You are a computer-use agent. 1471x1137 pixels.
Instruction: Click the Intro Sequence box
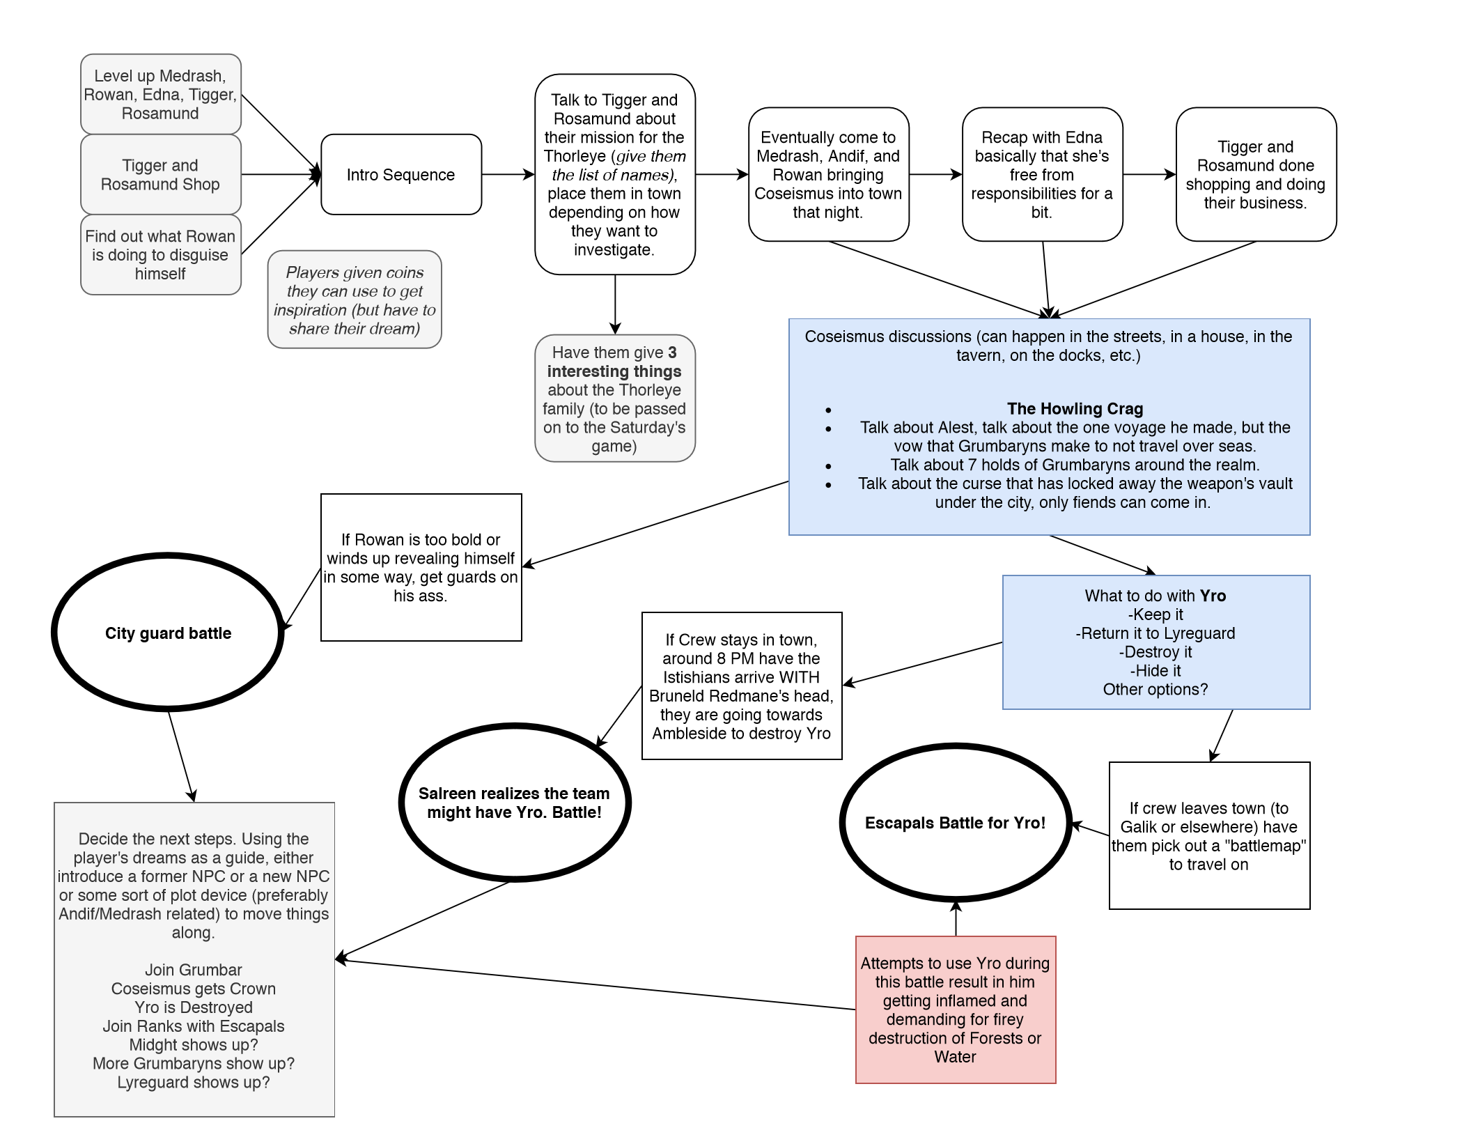coord(401,175)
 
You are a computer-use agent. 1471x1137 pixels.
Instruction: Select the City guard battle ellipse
coord(168,633)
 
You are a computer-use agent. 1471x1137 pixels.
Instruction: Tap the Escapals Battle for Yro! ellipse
coord(955,823)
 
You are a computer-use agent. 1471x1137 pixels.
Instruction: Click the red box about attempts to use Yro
coord(955,1010)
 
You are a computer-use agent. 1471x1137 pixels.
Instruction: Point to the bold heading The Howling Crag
coord(1075,409)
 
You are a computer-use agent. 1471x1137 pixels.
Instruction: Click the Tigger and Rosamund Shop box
coord(160,175)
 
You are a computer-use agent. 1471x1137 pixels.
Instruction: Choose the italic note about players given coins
coord(355,300)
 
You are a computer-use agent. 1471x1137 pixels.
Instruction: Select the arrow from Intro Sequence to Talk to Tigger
coord(508,174)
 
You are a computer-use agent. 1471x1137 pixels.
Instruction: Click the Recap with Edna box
coord(1042,175)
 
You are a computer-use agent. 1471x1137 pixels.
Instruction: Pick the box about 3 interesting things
coord(614,399)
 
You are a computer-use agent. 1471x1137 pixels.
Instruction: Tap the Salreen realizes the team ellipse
coord(514,803)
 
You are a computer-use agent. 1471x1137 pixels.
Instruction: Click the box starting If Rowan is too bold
coord(421,567)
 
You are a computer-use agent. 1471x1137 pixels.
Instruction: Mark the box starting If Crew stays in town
coord(741,686)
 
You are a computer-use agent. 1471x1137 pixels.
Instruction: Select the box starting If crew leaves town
coord(1209,836)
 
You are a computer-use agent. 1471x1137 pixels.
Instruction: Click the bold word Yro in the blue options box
coord(1213,596)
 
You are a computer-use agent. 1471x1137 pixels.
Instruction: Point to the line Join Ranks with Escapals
coord(194,1026)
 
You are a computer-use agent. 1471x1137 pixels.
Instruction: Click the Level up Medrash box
coord(160,95)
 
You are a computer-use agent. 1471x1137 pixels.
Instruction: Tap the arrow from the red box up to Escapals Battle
coord(956,918)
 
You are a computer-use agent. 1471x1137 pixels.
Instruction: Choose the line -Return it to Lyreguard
coord(1155,633)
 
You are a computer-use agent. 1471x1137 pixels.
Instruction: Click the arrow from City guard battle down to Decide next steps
coord(181,757)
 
